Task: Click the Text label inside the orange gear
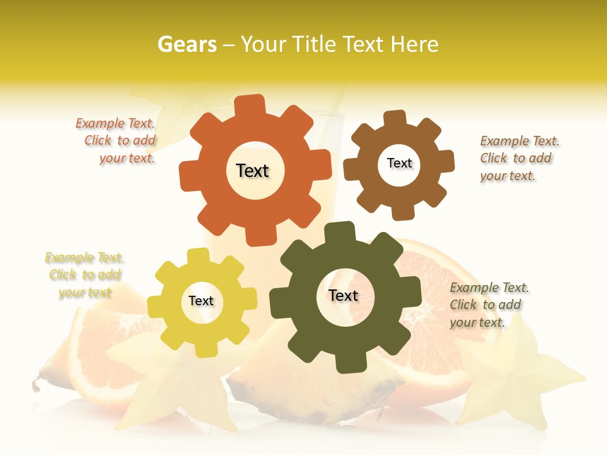(252, 171)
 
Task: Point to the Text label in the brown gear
(399, 163)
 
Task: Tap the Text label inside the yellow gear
(201, 301)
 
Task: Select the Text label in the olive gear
(343, 295)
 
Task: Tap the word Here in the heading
(415, 44)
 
